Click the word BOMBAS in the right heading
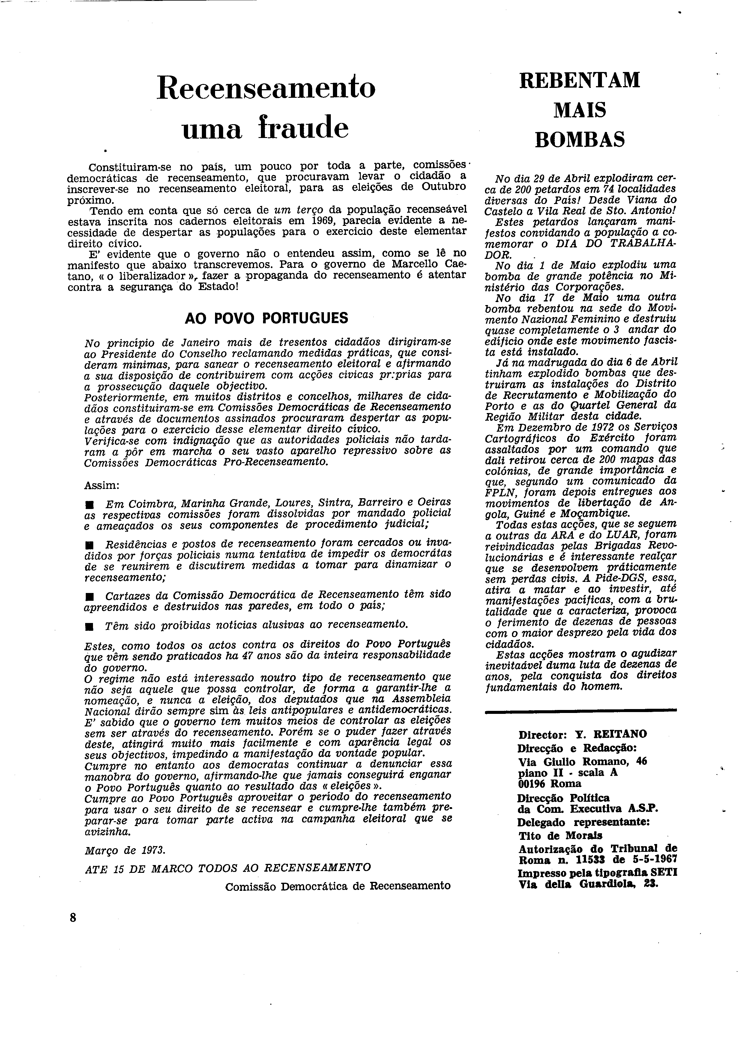(x=580, y=139)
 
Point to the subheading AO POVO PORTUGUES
(x=266, y=318)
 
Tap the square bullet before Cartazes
(x=89, y=597)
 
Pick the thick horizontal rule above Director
(x=580, y=710)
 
